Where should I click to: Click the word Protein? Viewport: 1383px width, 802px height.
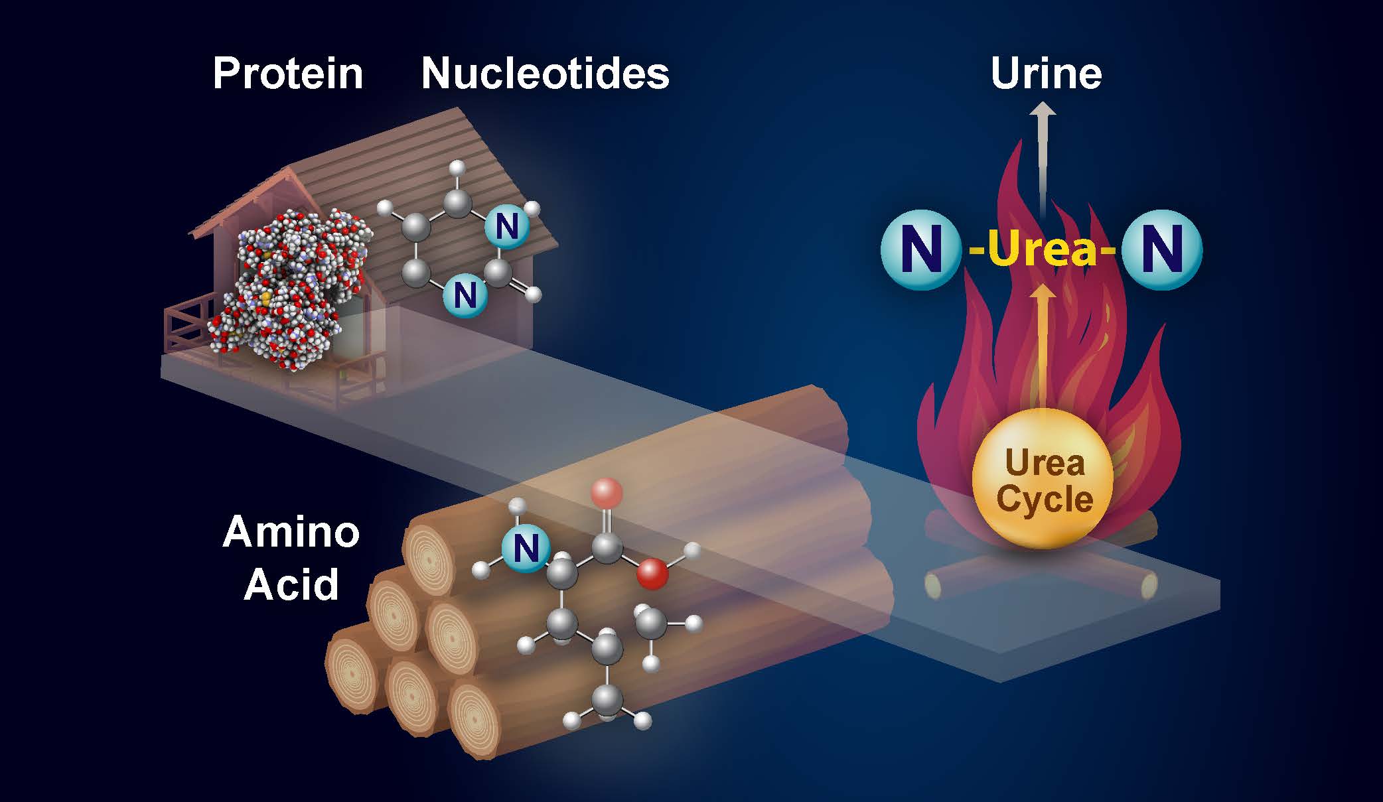click(x=288, y=74)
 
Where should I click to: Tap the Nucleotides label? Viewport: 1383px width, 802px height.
click(x=545, y=74)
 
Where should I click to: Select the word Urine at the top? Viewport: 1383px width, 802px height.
click(x=1046, y=74)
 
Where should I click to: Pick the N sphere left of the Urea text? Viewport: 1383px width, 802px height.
click(x=920, y=250)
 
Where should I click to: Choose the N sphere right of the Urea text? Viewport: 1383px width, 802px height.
click(x=1162, y=250)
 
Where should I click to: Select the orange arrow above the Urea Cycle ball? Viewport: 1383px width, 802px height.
click(x=1043, y=345)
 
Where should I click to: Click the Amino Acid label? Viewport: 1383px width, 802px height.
click(x=291, y=559)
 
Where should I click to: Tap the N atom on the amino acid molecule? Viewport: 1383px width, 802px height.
click(x=525, y=549)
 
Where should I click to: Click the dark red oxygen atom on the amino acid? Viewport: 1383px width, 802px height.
click(x=652, y=573)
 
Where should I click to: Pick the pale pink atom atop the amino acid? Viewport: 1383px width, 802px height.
click(x=606, y=493)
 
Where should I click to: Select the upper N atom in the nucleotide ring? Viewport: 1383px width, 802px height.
click(x=506, y=228)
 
